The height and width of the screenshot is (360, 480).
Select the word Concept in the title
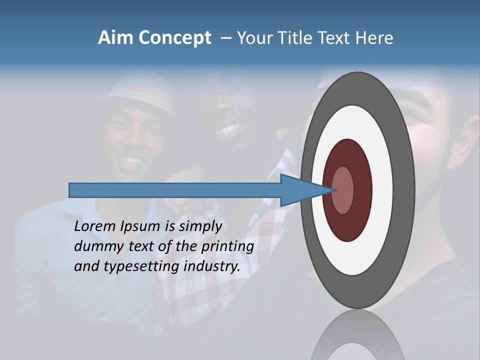point(174,38)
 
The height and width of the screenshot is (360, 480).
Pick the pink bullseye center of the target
point(343,190)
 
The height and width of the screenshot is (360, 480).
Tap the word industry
point(212,266)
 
